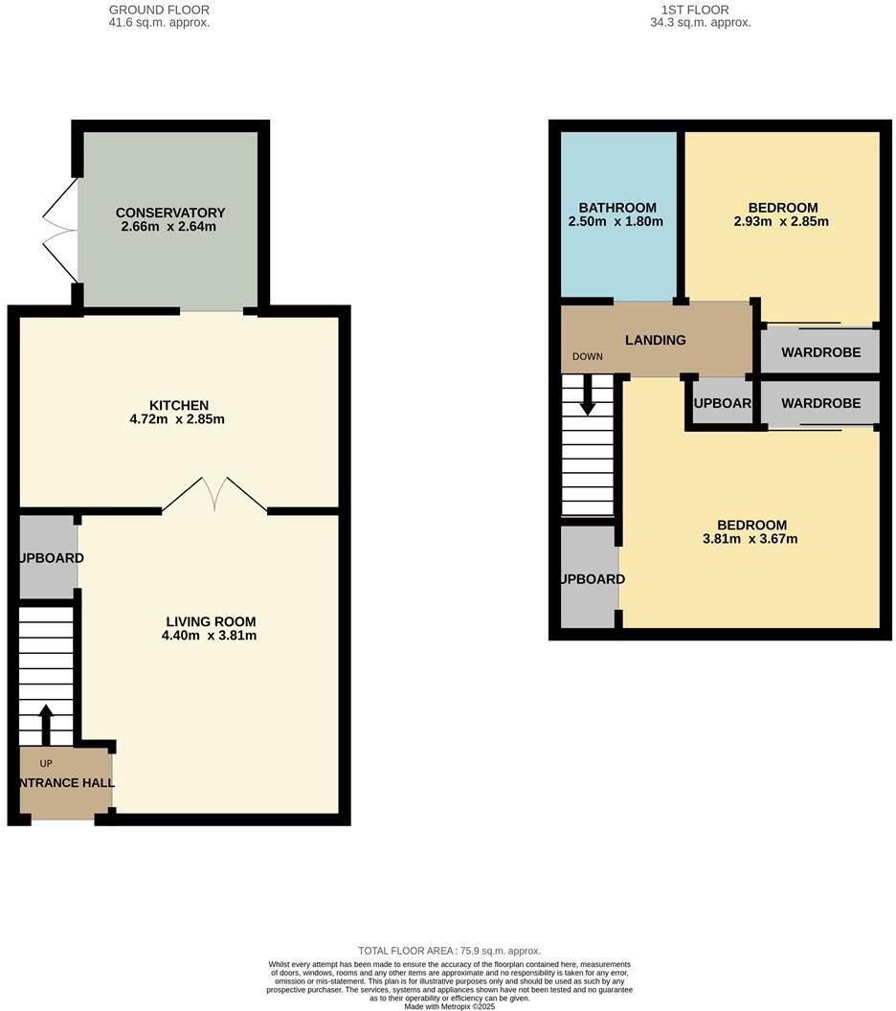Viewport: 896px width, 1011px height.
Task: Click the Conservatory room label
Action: coord(169,213)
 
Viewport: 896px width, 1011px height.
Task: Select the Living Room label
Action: coord(211,621)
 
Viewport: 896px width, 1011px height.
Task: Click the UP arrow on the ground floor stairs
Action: coord(46,725)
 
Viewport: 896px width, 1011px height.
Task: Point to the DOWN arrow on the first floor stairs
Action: coord(588,393)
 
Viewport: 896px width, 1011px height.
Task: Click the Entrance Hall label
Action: coord(65,782)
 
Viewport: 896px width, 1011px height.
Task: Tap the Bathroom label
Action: coord(617,208)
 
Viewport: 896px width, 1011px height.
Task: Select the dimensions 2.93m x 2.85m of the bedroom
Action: coord(783,221)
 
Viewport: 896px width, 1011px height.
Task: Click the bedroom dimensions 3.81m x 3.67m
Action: coord(751,538)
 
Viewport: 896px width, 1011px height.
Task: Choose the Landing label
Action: coord(656,340)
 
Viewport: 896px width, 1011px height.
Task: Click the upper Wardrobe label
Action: coord(820,352)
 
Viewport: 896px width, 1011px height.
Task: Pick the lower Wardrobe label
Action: coord(820,403)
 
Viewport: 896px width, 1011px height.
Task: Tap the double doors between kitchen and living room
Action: coord(214,493)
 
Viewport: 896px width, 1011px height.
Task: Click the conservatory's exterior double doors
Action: coord(59,229)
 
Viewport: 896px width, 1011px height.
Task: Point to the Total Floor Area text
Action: coord(449,950)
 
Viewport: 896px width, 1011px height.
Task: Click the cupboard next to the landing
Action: coord(722,403)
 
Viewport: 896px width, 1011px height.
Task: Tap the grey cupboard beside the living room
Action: coord(48,557)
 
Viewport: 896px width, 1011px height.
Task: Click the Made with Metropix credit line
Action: coord(449,1006)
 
